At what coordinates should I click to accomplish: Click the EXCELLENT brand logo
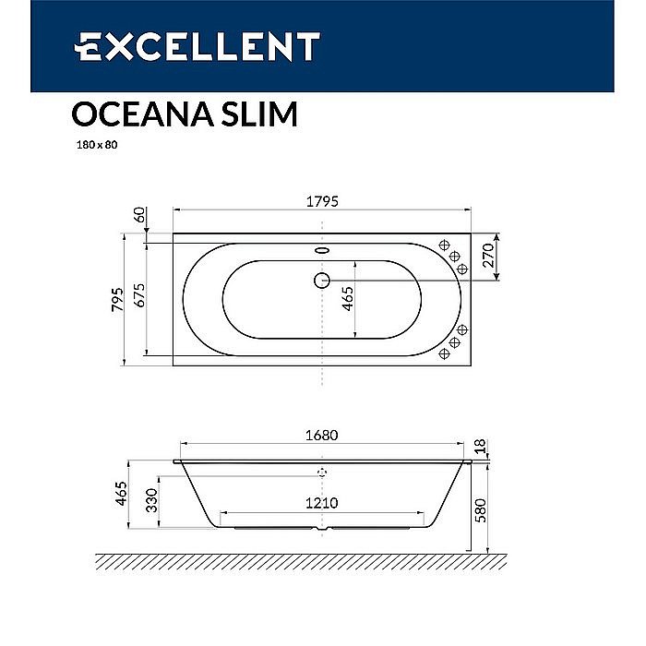coord(197,45)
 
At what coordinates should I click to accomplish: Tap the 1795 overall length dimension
coord(321,200)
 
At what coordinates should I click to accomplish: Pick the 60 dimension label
coord(139,215)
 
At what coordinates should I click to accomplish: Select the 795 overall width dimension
coord(117,300)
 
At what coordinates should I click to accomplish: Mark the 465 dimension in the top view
coord(348,300)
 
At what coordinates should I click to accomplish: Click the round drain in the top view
coord(321,280)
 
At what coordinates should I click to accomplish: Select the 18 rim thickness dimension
coord(480,447)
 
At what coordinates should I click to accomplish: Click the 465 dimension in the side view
coord(120,496)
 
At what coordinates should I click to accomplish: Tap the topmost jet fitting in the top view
coord(444,247)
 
